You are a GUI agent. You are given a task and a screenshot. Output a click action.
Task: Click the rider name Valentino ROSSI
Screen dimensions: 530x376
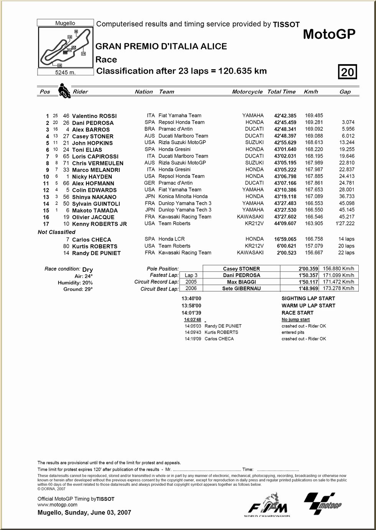(x=94, y=116)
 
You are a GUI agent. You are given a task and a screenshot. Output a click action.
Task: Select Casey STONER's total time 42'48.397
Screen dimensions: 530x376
(x=285, y=136)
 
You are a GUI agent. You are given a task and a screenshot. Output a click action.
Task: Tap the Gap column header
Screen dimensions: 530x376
(x=345, y=92)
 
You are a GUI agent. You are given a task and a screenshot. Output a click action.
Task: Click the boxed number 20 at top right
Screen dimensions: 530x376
(x=347, y=72)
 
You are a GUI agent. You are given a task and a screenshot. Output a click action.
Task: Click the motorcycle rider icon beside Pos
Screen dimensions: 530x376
(x=64, y=91)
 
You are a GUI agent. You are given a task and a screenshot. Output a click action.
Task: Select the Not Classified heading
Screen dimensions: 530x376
(x=56, y=232)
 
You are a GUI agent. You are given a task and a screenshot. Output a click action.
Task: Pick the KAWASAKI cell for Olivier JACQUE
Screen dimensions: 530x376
(x=250, y=217)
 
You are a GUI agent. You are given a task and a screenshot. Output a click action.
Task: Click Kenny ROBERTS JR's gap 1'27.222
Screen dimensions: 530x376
(x=345, y=224)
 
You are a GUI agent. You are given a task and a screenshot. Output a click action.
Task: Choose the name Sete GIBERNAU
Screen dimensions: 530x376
(x=241, y=289)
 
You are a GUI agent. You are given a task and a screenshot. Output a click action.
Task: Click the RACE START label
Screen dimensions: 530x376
(x=297, y=313)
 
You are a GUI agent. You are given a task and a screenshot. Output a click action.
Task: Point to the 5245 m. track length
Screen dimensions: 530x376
(x=66, y=72)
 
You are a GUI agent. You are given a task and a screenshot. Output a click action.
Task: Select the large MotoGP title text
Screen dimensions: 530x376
(x=329, y=34)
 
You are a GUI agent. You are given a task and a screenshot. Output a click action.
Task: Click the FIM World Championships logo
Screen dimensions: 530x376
(x=267, y=504)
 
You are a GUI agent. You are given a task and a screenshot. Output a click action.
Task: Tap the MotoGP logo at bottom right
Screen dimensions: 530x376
(x=323, y=503)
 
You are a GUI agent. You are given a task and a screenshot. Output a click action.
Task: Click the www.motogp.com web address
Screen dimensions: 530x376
(x=58, y=505)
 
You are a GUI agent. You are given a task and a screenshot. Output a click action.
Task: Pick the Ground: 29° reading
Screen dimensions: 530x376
(x=78, y=289)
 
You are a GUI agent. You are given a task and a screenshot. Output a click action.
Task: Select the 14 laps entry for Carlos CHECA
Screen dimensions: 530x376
(x=346, y=239)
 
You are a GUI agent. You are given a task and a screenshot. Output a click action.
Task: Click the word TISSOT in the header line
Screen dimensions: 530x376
(x=286, y=25)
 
